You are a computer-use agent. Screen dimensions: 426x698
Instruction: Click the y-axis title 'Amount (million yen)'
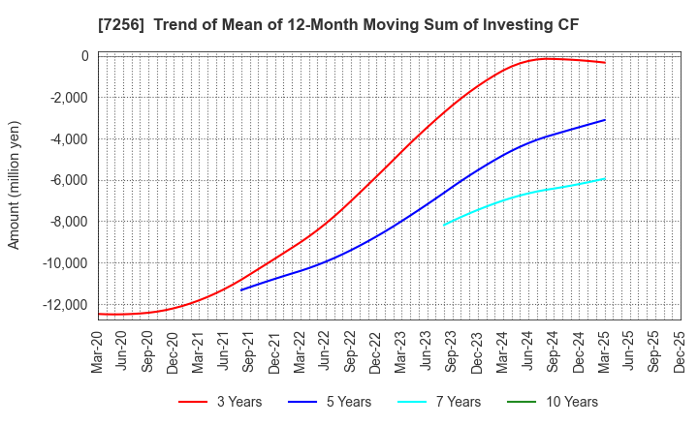click(x=14, y=185)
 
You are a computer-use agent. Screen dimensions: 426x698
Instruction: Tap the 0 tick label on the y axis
click(x=84, y=56)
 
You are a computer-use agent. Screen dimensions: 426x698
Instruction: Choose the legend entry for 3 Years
click(x=221, y=402)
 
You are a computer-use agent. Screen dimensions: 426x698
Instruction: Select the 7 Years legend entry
click(x=436, y=402)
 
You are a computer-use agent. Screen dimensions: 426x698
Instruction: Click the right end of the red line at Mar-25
click(x=605, y=63)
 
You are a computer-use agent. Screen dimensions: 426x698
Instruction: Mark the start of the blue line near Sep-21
click(x=241, y=289)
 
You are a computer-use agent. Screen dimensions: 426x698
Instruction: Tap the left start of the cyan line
click(x=444, y=225)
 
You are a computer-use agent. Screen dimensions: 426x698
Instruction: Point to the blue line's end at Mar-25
click(x=605, y=120)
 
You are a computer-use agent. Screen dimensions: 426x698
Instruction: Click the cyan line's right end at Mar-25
click(x=605, y=178)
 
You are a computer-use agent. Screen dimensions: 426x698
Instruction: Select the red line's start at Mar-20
click(x=99, y=314)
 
